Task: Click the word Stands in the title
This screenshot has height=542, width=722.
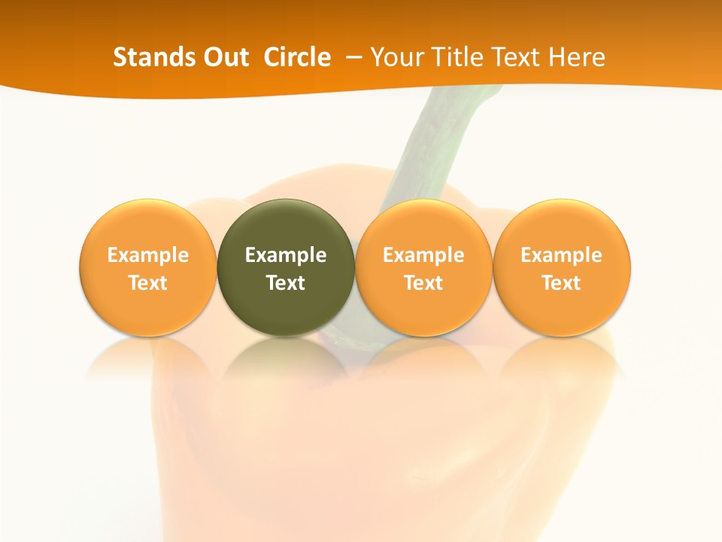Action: (146, 57)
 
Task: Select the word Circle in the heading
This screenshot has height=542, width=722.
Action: (297, 57)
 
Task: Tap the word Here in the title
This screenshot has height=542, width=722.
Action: (577, 57)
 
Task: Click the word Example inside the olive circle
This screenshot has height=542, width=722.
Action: (286, 255)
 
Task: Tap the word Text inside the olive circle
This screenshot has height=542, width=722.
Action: (286, 283)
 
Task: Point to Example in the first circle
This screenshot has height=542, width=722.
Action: (147, 255)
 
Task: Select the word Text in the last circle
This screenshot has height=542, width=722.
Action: (562, 283)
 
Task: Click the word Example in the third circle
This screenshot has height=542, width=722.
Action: (423, 255)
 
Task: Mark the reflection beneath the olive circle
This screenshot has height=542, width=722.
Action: (286, 361)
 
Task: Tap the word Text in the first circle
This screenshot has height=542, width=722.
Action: (147, 283)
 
